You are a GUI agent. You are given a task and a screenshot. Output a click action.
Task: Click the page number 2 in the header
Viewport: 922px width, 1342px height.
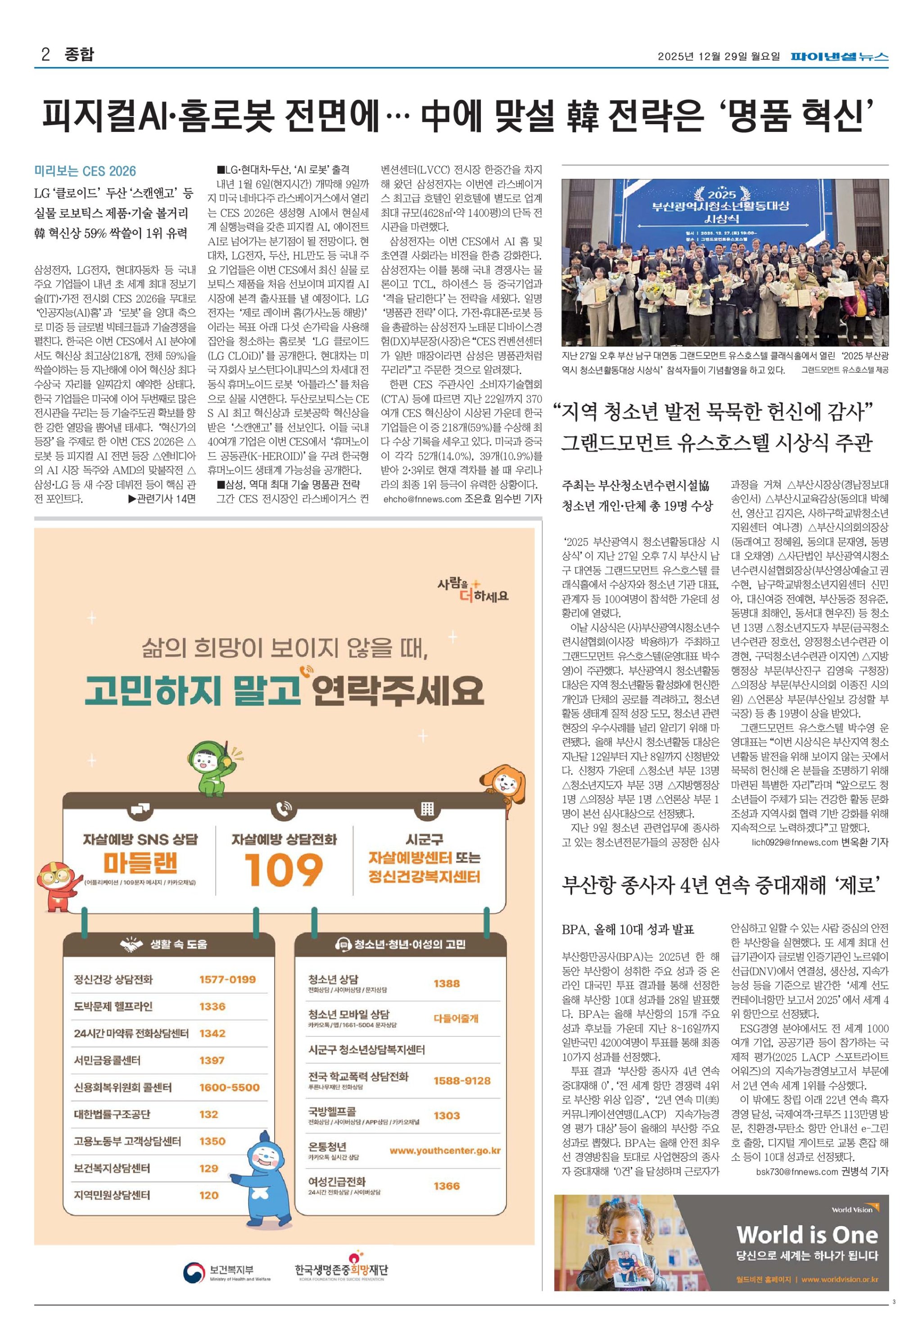coord(45,55)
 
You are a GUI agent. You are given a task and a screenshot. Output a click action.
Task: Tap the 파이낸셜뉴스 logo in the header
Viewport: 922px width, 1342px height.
coord(840,57)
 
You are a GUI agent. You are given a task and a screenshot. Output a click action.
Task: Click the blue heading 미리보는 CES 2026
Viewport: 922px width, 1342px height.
coord(85,171)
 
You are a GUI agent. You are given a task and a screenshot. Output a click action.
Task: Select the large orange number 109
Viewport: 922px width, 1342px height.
coord(283,869)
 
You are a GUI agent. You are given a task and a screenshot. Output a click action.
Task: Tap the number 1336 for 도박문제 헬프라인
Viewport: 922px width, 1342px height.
coord(212,1006)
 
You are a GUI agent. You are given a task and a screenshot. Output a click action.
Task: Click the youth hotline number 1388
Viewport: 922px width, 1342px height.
coord(447,983)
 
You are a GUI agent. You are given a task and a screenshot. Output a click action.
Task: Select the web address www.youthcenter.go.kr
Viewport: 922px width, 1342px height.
coord(445,1150)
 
